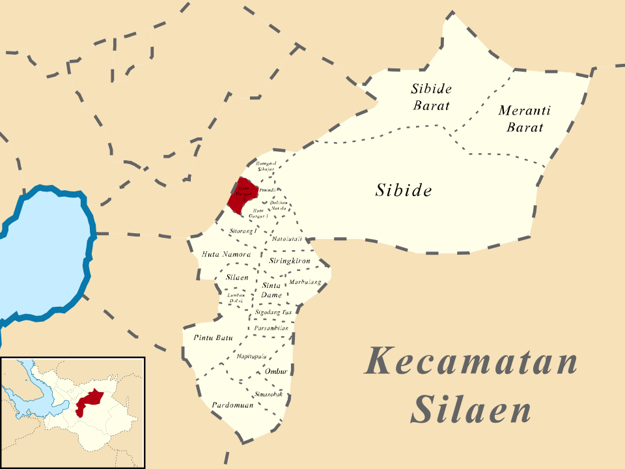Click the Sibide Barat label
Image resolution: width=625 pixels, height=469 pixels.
[431, 96]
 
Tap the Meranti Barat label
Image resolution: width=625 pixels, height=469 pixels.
[524, 119]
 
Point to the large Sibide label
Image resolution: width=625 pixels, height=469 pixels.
[404, 190]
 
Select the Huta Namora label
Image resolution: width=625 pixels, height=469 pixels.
[227, 254]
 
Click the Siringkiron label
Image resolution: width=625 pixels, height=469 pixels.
[289, 261]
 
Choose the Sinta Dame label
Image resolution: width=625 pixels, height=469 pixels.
[271, 291]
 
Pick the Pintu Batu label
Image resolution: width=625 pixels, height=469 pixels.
[213, 337]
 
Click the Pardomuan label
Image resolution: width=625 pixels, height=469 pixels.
[232, 405]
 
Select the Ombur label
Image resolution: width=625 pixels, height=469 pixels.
[276, 371]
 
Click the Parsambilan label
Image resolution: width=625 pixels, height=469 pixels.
[271, 328]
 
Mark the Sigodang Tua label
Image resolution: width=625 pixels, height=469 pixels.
[273, 313]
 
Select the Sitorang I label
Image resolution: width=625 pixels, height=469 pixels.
[244, 231]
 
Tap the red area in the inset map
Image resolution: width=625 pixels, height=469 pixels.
[89, 401]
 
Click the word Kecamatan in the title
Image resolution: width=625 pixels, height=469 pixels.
[471, 362]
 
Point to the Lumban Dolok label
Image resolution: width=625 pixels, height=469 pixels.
[236, 298]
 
